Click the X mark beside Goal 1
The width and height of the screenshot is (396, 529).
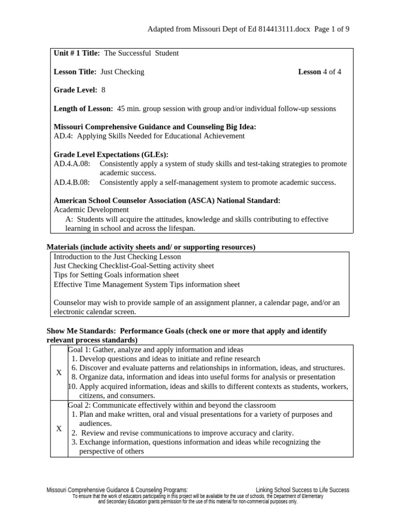(59, 372)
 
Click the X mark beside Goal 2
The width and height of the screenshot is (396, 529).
(59, 428)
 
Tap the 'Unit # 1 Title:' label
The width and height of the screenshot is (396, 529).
(77, 53)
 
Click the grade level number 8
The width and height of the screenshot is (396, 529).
(103, 90)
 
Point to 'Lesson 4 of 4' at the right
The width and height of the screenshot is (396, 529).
(319, 72)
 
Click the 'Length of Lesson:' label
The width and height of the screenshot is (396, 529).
(83, 108)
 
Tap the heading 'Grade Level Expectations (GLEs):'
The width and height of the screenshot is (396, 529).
(111, 154)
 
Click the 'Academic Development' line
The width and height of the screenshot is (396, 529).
(91, 210)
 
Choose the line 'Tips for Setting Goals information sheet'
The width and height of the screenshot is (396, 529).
(117, 275)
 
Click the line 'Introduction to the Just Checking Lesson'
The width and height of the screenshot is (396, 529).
(118, 256)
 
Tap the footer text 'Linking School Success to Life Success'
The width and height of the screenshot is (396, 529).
(302, 490)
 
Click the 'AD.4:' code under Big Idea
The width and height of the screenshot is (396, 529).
(63, 136)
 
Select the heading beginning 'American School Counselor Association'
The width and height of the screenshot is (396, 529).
(167, 200)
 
